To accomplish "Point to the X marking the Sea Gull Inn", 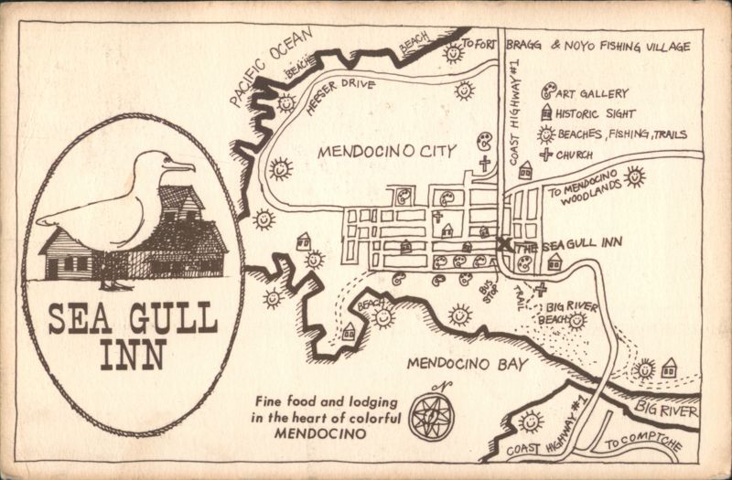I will point(502,244).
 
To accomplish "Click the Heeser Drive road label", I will point(335,95).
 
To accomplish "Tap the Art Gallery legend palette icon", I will point(547,91).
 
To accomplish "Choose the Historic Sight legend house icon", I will point(546,112).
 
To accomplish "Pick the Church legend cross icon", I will point(546,154).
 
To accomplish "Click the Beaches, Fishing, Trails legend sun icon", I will point(546,133).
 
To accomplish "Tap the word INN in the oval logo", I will point(132,351).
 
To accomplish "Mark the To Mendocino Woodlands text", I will point(586,189).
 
